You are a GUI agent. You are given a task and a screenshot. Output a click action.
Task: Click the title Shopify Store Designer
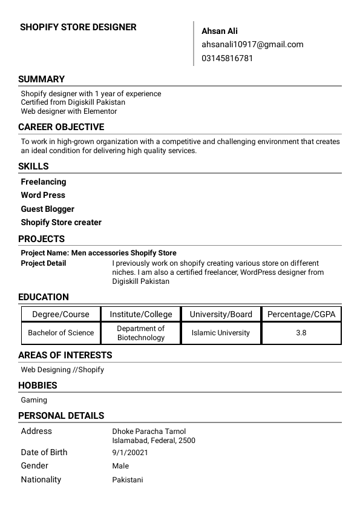[78, 27]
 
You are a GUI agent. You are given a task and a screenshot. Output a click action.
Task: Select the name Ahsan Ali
[220, 31]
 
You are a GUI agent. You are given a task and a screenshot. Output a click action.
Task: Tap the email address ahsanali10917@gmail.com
[252, 44]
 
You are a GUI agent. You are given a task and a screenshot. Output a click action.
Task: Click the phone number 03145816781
[227, 58]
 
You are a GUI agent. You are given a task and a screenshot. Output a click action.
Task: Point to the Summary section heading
[41, 79]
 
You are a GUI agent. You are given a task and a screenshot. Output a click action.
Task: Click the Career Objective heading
[61, 127]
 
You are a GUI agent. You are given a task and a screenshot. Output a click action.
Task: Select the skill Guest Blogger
[48, 209]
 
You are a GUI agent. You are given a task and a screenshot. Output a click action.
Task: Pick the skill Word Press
[43, 195]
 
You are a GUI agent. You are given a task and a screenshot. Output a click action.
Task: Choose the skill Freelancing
[44, 182]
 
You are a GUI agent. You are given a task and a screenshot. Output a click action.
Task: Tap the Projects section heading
[41, 239]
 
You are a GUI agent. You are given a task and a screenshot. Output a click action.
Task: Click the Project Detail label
[44, 263]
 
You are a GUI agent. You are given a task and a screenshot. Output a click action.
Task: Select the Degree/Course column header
[61, 314]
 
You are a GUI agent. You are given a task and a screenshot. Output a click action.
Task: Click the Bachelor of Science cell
[61, 333]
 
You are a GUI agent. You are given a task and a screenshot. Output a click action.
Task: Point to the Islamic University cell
[221, 333]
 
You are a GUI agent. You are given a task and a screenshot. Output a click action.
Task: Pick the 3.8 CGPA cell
[301, 333]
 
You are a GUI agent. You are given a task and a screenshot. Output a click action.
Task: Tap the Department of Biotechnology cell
[141, 333]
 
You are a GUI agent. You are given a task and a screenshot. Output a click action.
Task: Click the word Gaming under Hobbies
[34, 400]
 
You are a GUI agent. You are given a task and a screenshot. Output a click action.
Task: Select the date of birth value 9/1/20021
[130, 452]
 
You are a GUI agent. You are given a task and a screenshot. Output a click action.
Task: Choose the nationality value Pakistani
[128, 480]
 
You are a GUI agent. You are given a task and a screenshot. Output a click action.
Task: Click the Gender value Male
[120, 466]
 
